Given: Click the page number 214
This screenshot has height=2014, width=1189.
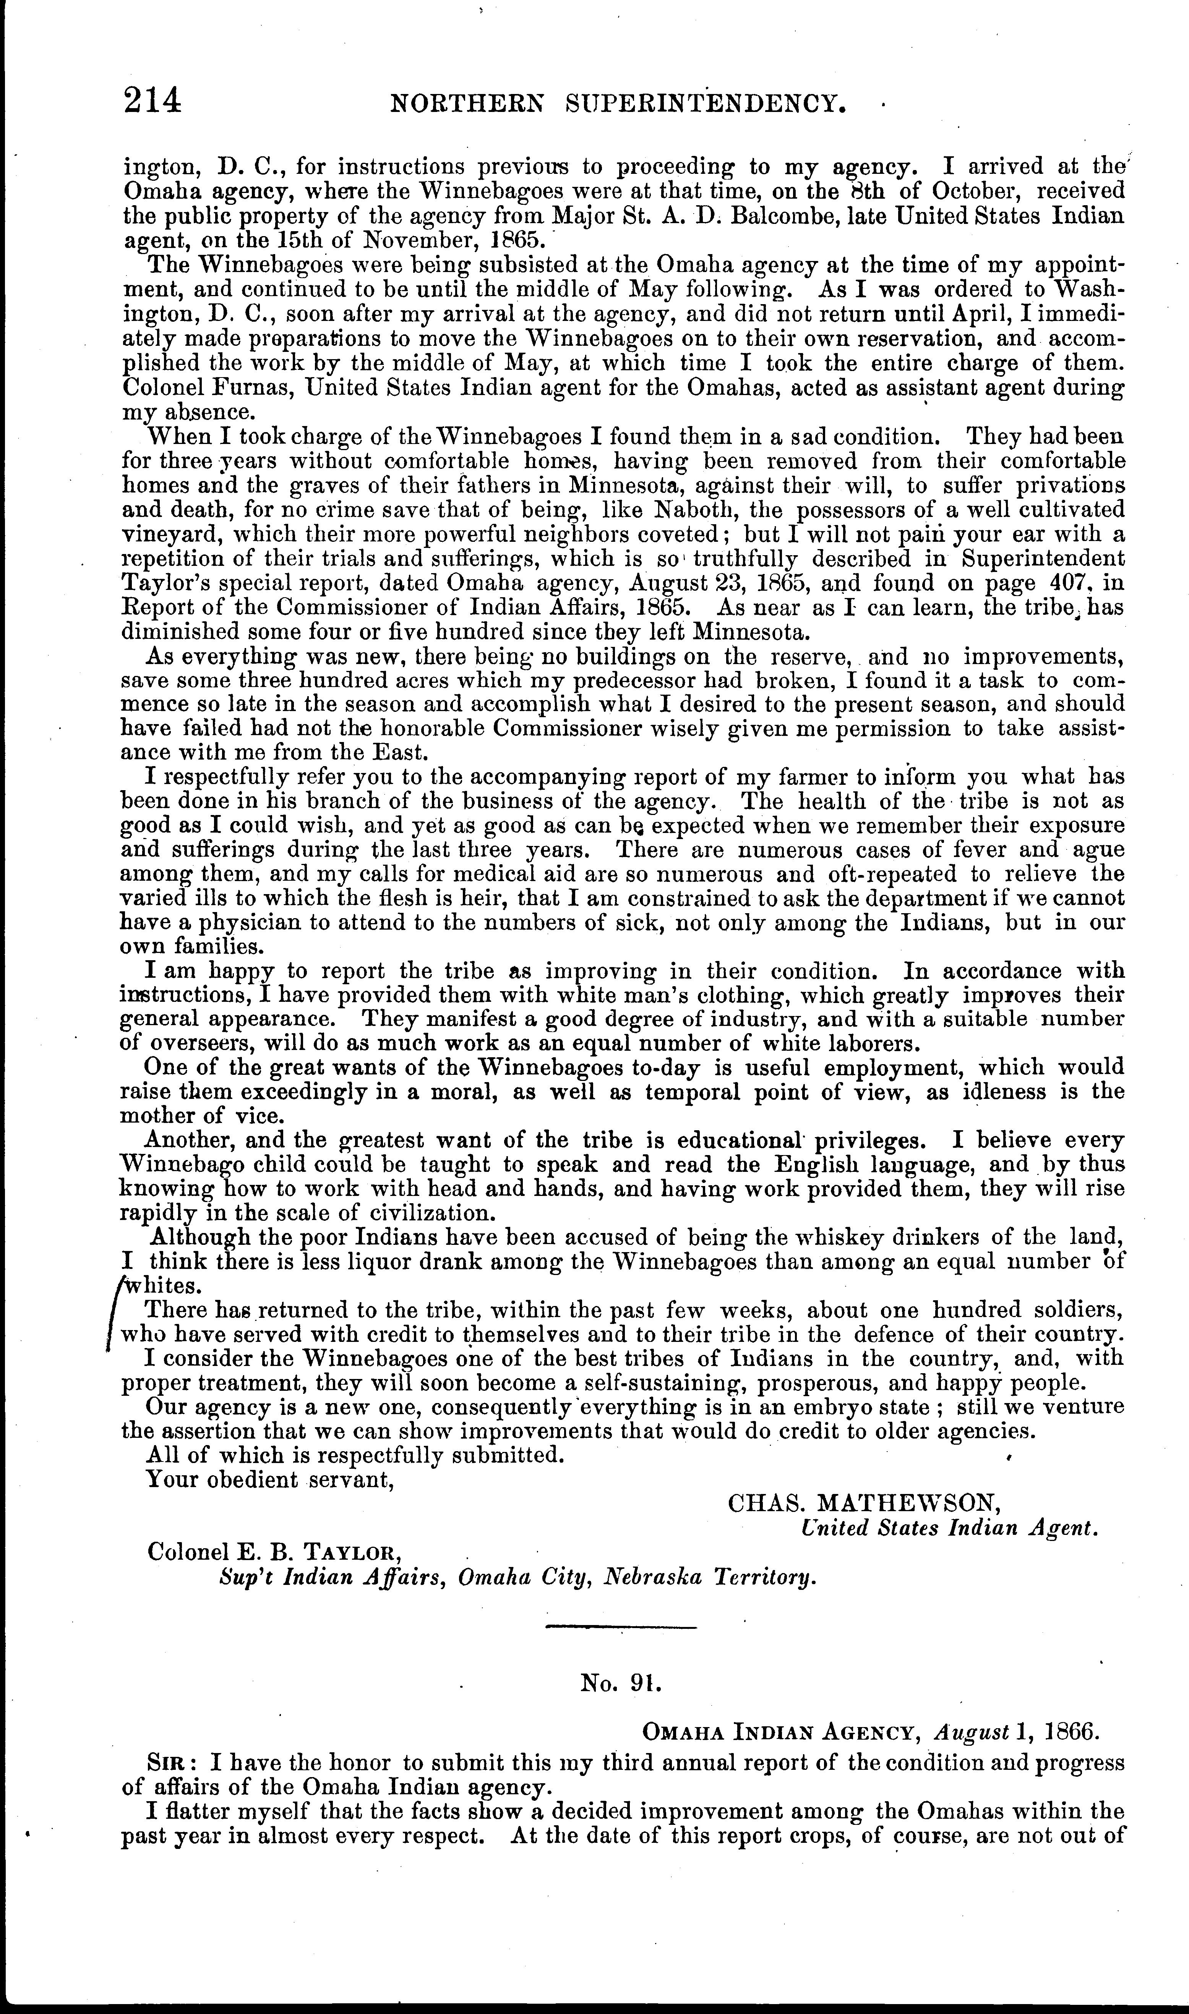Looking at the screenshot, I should [x=152, y=102].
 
